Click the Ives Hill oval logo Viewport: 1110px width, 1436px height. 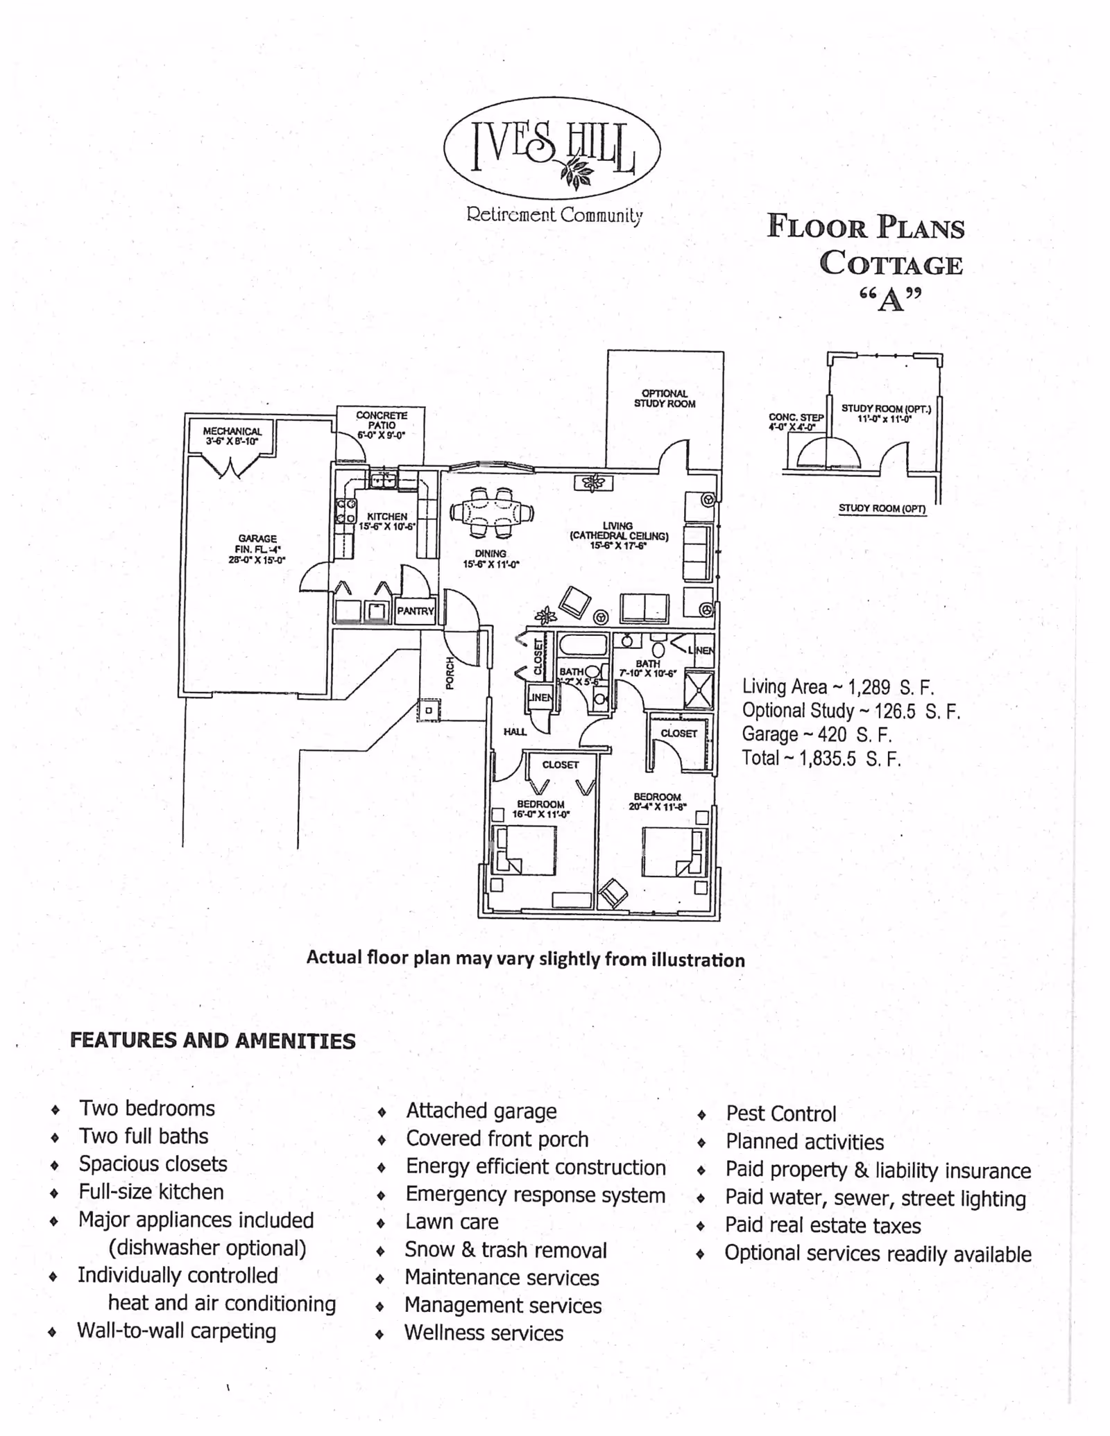[552, 148]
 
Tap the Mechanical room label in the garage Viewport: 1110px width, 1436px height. [232, 435]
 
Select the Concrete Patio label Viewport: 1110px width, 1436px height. [381, 424]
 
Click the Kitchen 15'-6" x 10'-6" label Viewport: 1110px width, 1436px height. [386, 521]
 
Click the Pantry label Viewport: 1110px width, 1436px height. [415, 611]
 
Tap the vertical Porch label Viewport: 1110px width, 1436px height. [450, 673]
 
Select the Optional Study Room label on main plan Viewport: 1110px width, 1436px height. [664, 398]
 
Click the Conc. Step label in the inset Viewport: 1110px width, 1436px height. [795, 422]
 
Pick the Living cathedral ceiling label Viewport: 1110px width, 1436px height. [618, 535]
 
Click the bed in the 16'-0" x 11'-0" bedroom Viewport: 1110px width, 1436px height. [524, 850]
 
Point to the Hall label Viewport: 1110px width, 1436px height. [515, 732]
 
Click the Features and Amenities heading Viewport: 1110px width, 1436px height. [212, 1041]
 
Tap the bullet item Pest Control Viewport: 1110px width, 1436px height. [780, 1114]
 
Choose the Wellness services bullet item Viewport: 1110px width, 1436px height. [484, 1333]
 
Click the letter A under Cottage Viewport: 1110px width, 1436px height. [891, 300]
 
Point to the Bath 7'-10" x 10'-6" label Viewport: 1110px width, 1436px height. [647, 668]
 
